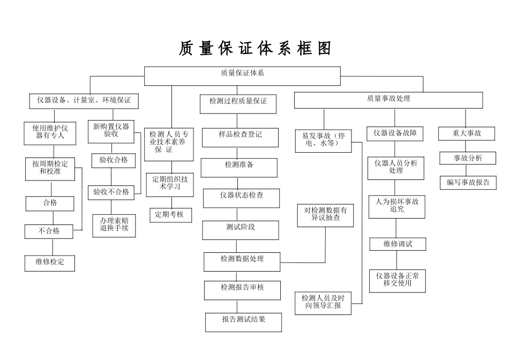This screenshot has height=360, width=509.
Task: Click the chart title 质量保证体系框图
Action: point(255,49)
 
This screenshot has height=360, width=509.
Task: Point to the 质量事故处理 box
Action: point(388,100)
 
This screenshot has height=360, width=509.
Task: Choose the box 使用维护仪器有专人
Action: point(50,132)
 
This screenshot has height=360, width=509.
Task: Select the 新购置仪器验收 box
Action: point(111,131)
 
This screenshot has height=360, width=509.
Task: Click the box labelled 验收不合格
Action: point(111,192)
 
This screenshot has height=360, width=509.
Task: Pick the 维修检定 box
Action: point(50,263)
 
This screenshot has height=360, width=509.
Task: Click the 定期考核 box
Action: point(170,215)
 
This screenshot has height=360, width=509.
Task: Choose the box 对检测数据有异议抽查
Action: point(326,214)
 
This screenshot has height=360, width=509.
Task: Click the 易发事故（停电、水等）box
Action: point(323,141)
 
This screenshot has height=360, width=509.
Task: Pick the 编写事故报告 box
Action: point(468,182)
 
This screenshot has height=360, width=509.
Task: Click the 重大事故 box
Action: point(467,133)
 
